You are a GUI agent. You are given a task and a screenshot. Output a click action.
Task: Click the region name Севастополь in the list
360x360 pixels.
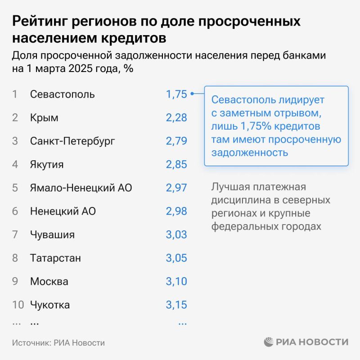[x=62, y=94]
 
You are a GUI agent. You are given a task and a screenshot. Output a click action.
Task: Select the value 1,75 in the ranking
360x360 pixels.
[x=176, y=94]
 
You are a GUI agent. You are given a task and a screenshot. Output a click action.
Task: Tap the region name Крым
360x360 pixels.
[x=44, y=118]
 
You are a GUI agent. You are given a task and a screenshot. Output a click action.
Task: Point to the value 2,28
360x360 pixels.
[x=176, y=118]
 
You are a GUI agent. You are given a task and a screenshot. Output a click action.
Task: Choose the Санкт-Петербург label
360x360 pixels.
[x=72, y=141]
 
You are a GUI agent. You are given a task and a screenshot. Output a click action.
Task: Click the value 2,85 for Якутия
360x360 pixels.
[x=176, y=165]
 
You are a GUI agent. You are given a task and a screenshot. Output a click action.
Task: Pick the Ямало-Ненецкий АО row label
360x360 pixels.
[x=81, y=188]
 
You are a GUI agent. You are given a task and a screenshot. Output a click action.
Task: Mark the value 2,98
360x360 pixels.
[x=176, y=211]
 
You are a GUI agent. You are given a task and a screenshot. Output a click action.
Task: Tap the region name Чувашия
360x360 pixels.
[x=52, y=235]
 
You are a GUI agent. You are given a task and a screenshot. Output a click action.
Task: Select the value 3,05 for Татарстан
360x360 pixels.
[x=176, y=258]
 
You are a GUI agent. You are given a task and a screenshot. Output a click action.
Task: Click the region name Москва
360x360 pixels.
[x=49, y=282]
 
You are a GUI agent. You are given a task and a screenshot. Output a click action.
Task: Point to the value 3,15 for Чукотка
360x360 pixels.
[x=176, y=305]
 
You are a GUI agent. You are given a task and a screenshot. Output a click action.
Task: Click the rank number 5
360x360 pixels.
[x=15, y=188]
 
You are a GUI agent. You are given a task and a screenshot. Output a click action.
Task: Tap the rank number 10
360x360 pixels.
[x=18, y=305]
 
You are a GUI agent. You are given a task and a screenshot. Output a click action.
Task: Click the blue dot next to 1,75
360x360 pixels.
[x=192, y=94]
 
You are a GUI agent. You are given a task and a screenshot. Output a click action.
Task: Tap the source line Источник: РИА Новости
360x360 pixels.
[x=58, y=343]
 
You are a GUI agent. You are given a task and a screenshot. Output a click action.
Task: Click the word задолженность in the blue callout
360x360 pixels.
[x=249, y=152]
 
